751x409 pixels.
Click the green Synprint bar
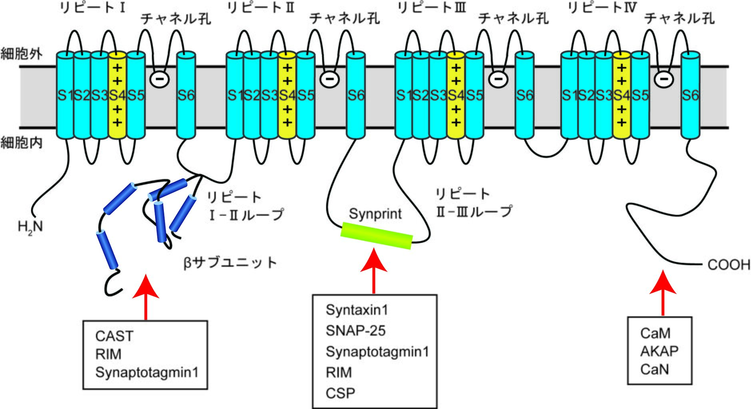pyautogui.click(x=376, y=236)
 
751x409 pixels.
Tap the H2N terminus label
pyautogui.click(x=30, y=227)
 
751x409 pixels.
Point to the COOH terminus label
pyautogui.click(x=728, y=265)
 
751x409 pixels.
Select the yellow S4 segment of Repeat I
pyautogui.click(x=117, y=95)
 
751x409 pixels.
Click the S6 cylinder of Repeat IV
pyautogui.click(x=690, y=95)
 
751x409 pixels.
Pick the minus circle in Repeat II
pyautogui.click(x=330, y=79)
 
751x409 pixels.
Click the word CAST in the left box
pyautogui.click(x=114, y=336)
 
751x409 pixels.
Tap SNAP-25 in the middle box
pyautogui.click(x=355, y=331)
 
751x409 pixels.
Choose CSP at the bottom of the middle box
pyautogui.click(x=340, y=393)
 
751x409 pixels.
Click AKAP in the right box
pyautogui.click(x=659, y=351)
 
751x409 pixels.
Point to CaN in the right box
pyautogui.click(x=654, y=369)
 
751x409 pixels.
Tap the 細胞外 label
pyautogui.click(x=21, y=54)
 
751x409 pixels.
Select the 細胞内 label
pyautogui.click(x=21, y=143)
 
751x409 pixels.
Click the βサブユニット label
pyautogui.click(x=230, y=263)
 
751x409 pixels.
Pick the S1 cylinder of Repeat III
pyautogui.click(x=404, y=95)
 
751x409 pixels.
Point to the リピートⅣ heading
pyautogui.click(x=602, y=8)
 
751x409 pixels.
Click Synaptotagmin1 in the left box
pyautogui.click(x=147, y=372)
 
